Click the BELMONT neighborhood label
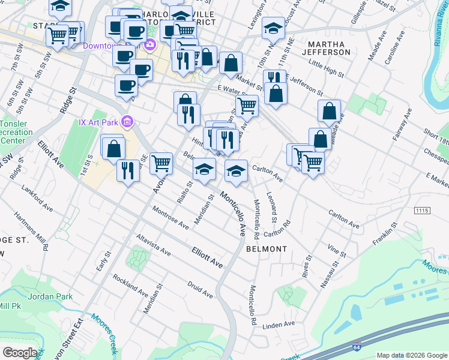[x=266, y=248]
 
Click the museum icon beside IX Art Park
[x=127, y=122]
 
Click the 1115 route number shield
[x=423, y=211]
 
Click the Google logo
[x=19, y=353]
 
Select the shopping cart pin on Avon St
[x=161, y=163]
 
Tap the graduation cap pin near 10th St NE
[x=273, y=28]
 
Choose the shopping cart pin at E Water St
[x=247, y=106]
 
